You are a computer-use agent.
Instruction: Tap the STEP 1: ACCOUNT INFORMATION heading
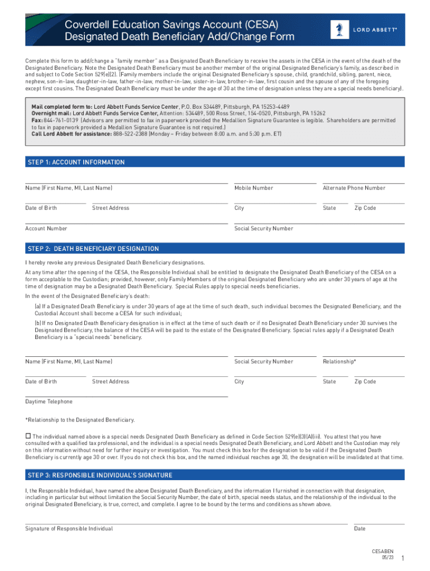[76, 162]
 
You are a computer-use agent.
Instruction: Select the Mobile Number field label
[254, 188]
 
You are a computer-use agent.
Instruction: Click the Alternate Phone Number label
[353, 188]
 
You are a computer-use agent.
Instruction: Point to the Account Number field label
[46, 228]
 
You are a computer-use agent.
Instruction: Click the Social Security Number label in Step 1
[264, 228]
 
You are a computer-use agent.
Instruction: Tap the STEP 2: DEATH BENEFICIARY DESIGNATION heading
[93, 249]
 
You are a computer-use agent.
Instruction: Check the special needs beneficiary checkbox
[28, 435]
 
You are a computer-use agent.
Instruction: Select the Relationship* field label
[339, 361]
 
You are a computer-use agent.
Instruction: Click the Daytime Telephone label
[49, 401]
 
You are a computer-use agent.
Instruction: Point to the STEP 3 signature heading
[99, 475]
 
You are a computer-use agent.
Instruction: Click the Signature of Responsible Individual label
[69, 529]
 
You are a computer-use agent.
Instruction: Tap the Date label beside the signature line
[360, 529]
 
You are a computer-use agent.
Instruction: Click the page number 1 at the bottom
[402, 559]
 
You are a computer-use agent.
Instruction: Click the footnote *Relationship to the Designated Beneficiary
[79, 420]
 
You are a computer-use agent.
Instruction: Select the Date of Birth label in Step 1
[41, 208]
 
